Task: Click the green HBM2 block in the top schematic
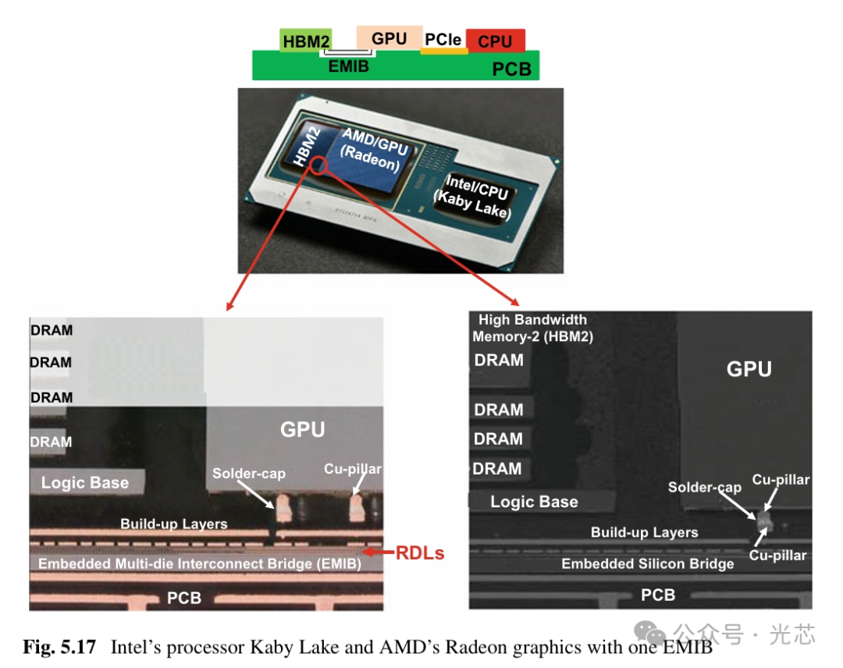306,41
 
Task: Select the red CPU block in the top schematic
495,41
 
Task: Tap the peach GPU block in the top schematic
389,37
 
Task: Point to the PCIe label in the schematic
443,39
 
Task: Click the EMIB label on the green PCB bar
348,66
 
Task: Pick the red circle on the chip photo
317,165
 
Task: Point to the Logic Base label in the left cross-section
85,482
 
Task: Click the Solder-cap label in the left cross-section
249,473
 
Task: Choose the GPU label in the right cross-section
749,368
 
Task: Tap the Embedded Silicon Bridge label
647,563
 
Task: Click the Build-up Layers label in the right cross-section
644,533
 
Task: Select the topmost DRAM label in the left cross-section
52,330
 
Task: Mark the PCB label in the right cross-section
658,595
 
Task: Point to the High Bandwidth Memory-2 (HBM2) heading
532,328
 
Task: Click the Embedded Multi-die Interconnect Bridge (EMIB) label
199,563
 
